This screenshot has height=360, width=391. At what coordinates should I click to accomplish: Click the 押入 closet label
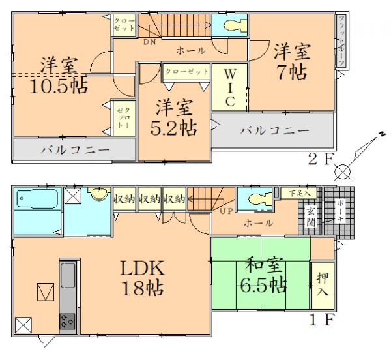(320, 282)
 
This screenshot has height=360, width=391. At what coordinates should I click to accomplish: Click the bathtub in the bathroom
(36, 200)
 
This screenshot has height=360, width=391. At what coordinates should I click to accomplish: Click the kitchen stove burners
(67, 320)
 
